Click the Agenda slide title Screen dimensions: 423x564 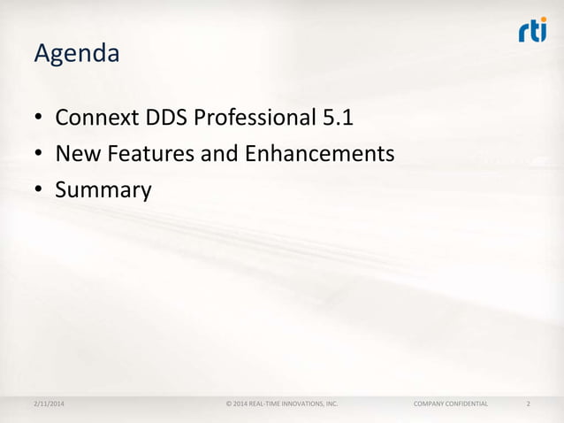[76, 55]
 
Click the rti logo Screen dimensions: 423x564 [532, 32]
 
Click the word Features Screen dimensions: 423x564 [148, 154]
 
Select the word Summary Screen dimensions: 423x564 [103, 190]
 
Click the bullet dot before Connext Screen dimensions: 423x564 [39, 120]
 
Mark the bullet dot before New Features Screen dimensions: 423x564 [39, 156]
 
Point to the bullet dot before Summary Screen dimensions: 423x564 [39, 191]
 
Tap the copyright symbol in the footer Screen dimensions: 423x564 [229, 404]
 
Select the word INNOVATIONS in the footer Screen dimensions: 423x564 [298, 404]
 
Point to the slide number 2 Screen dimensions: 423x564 [528, 404]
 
